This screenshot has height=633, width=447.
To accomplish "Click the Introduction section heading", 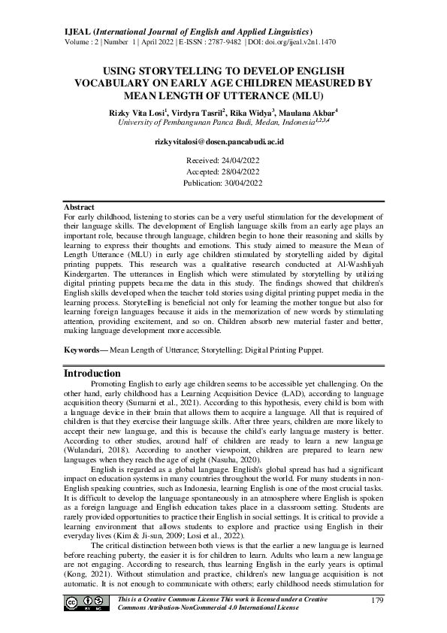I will coord(92,374).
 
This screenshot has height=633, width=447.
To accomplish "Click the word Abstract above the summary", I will coord(79,207).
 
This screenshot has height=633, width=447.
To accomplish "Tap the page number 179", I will coord(378,599).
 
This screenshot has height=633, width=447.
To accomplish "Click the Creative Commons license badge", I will coord(82,603).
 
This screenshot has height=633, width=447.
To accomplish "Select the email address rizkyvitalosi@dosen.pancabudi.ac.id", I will coord(223,141).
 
